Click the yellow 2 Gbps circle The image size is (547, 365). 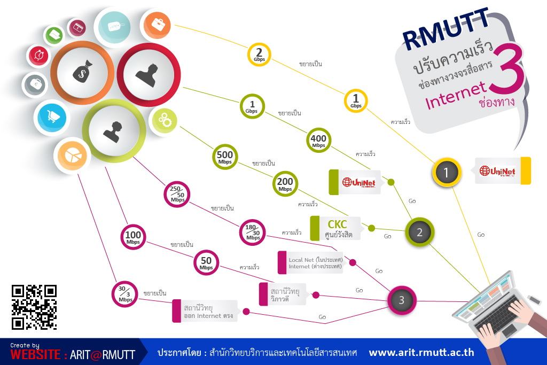[x=259, y=55]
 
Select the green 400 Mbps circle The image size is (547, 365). [x=318, y=140]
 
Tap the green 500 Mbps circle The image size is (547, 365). [x=225, y=157]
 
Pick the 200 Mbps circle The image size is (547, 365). [x=285, y=183]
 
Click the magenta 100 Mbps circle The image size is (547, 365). [x=133, y=237]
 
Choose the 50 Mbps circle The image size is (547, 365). [x=206, y=262]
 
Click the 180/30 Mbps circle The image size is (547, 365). [x=253, y=232]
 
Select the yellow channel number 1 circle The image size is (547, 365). [x=447, y=173]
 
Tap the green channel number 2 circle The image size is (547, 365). [x=420, y=232]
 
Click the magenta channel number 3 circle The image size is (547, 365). [x=402, y=300]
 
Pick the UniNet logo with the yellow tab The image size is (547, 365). [x=503, y=170]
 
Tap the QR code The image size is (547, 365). [x=34, y=307]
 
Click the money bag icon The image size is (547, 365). [x=83, y=72]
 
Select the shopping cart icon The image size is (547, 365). [x=52, y=117]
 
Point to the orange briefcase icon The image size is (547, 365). [x=158, y=25]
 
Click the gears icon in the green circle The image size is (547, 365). [x=165, y=120]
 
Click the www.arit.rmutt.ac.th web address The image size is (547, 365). [x=421, y=352]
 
